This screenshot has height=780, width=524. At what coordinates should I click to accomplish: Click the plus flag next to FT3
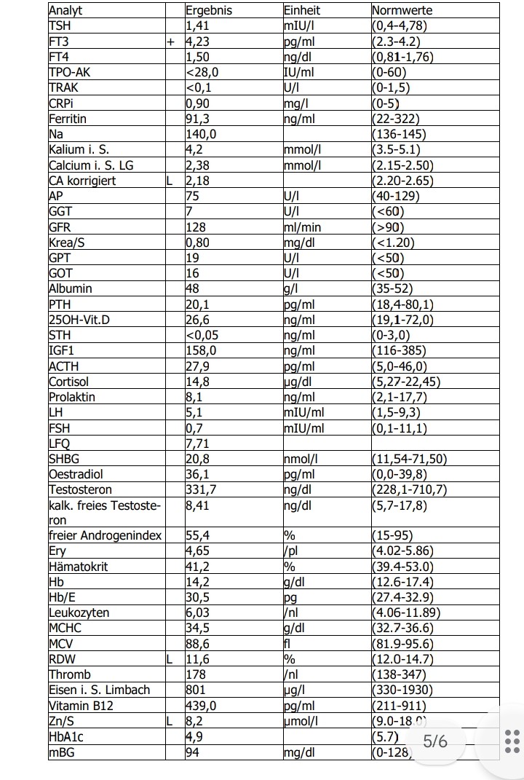click(171, 42)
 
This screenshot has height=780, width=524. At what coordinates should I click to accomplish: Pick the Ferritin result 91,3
click(199, 119)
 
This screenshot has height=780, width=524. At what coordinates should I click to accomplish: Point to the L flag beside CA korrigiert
click(170, 181)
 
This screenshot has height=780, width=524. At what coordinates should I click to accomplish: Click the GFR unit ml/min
click(302, 227)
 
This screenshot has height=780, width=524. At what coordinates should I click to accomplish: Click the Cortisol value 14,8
click(199, 382)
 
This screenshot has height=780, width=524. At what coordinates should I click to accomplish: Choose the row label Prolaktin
click(72, 397)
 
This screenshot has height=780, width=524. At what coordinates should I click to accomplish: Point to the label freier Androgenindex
click(105, 536)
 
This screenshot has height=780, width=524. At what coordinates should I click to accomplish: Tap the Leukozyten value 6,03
click(199, 612)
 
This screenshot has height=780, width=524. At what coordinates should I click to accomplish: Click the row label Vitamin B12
click(81, 706)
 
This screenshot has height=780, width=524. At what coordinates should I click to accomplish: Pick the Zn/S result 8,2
click(194, 721)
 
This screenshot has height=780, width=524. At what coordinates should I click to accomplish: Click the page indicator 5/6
click(435, 741)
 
